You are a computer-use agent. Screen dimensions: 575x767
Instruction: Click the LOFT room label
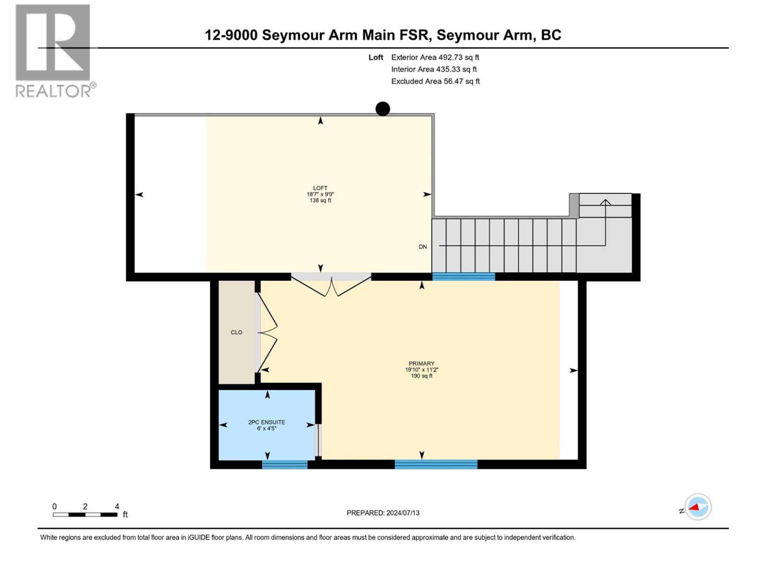[320, 188]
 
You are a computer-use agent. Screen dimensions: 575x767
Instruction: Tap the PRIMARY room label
[421, 364]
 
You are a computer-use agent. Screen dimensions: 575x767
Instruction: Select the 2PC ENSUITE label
[267, 422]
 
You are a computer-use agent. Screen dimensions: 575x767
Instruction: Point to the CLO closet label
[236, 332]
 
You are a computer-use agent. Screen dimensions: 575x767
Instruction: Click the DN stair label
[422, 247]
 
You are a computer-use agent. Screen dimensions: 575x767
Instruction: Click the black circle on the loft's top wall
[383, 109]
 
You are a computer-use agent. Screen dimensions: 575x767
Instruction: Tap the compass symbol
[697, 507]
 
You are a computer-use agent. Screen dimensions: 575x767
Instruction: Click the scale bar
[85, 515]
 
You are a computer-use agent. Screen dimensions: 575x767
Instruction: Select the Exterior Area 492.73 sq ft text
[435, 57]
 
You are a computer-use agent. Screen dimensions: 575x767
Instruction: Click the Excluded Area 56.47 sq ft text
[435, 81]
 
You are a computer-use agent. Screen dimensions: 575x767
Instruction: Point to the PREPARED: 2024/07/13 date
[383, 513]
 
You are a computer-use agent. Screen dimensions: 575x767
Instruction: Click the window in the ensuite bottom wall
[285, 464]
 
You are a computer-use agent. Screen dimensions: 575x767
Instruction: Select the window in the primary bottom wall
[436, 464]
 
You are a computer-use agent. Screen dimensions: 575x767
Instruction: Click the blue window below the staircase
[464, 276]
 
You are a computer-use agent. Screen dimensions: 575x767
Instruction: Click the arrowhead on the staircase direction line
[605, 202]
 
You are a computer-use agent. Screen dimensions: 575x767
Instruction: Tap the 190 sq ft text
[421, 376]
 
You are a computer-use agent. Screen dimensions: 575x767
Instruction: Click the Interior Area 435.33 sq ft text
[434, 69]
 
